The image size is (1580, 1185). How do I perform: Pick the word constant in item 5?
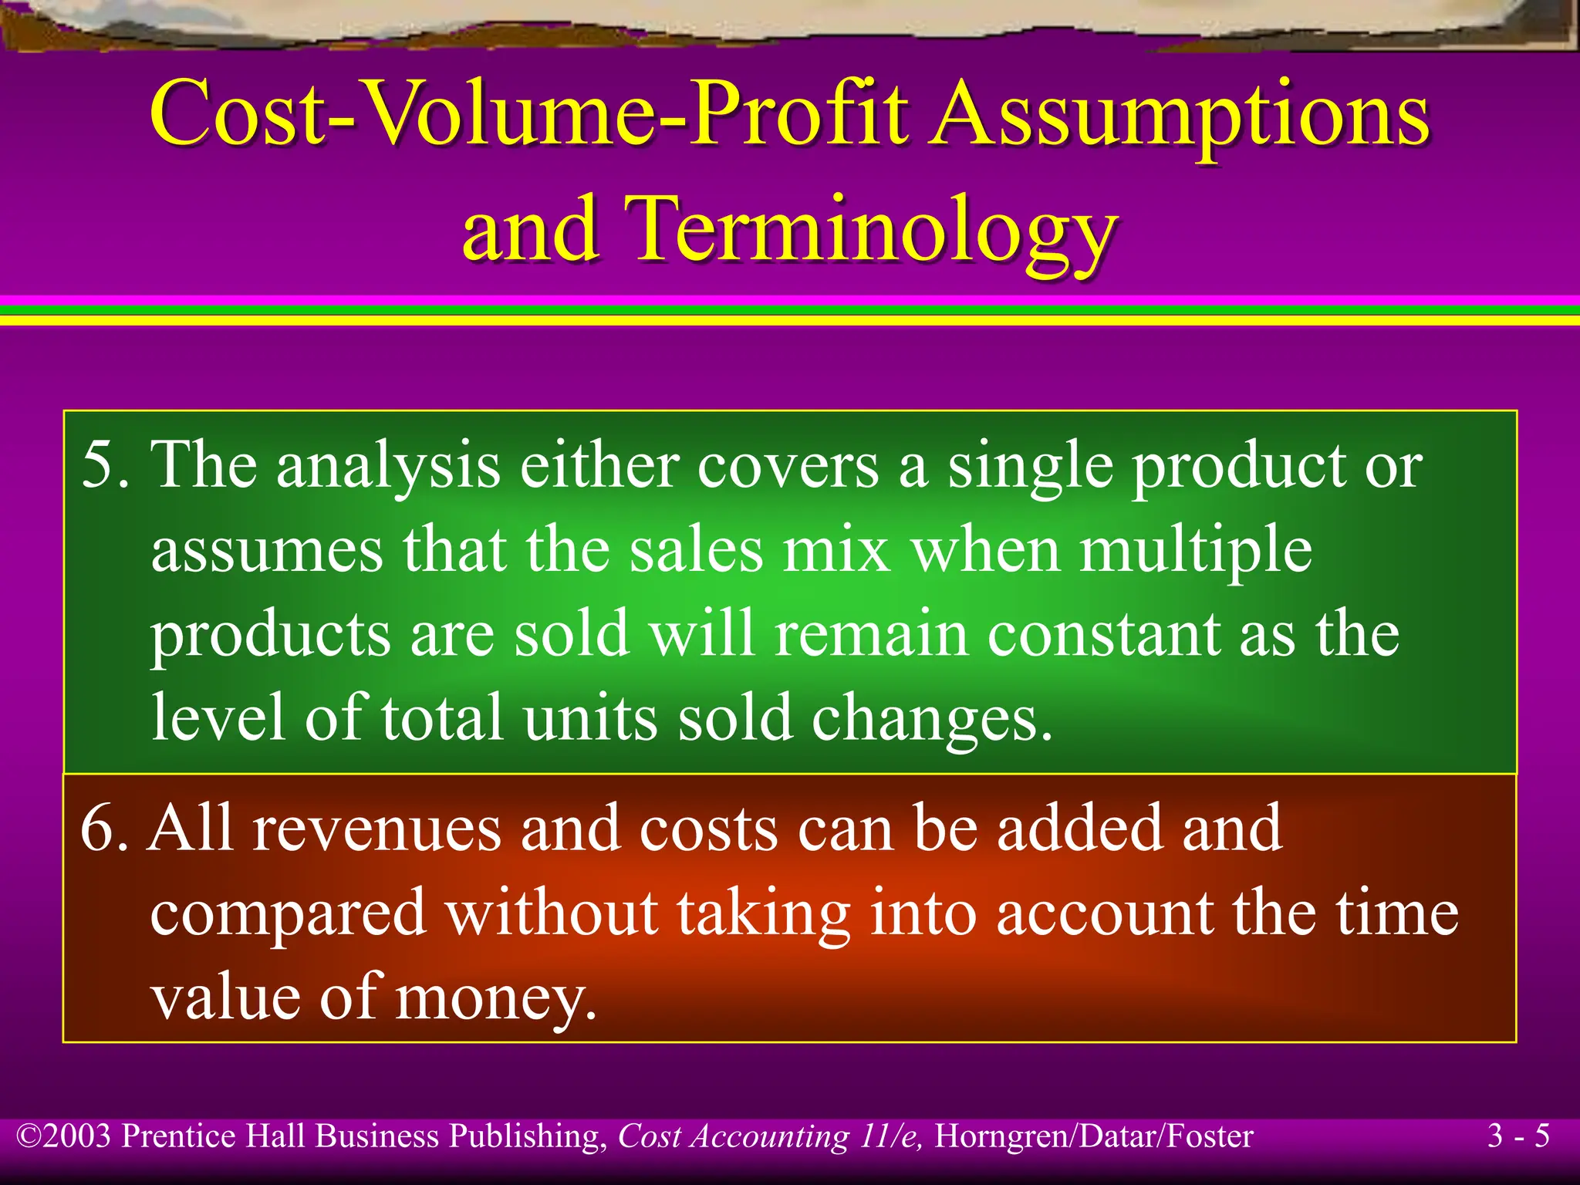click(x=1103, y=635)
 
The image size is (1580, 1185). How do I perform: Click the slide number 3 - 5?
click(x=1518, y=1136)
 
